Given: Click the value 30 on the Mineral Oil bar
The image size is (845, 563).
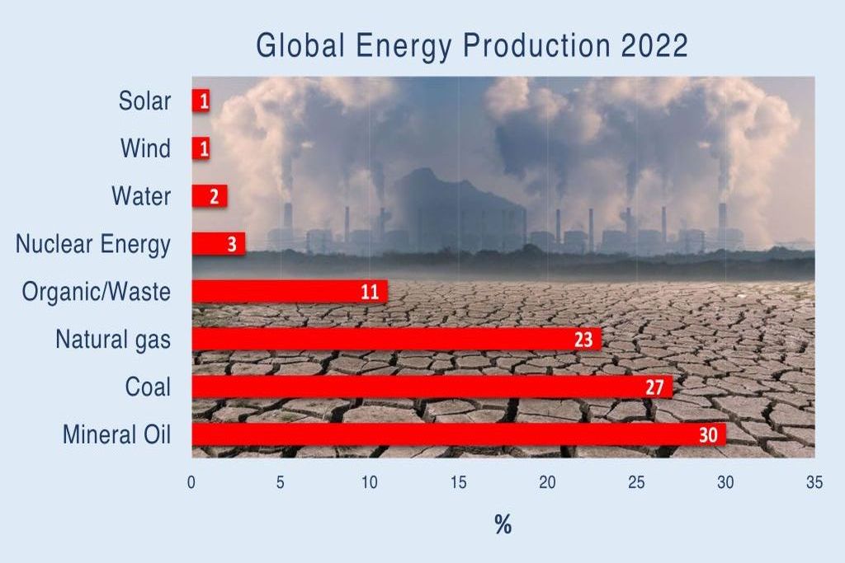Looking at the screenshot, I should point(708,434).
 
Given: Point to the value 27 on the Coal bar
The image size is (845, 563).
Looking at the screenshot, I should point(654,387).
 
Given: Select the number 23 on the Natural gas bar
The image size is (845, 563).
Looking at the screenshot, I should point(583,339).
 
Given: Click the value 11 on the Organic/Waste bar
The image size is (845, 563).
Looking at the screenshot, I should point(370,291).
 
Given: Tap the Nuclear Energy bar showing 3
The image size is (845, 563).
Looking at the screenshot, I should point(219,244).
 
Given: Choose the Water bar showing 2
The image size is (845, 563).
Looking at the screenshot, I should point(209,196).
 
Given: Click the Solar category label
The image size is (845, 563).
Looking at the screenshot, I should point(144,101).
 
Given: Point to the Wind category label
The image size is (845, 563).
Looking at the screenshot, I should point(146,149).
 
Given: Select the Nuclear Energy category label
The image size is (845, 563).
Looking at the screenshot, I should point(93,244).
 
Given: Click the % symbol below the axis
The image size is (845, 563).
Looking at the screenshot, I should point(503,525).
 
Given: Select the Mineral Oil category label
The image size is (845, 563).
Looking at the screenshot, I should point(116,434).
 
